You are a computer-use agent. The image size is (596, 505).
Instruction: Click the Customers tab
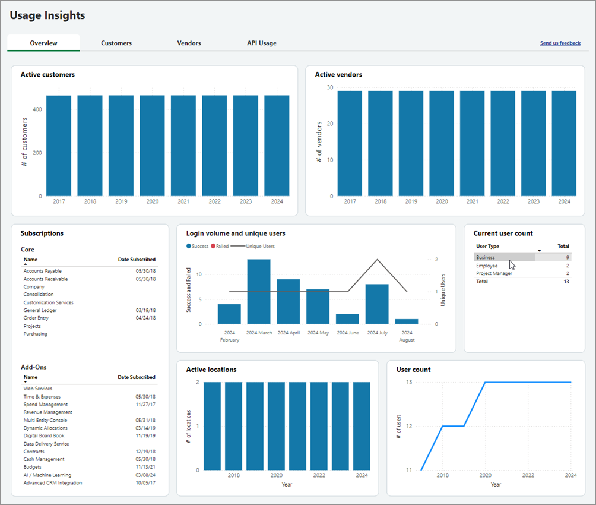(116, 43)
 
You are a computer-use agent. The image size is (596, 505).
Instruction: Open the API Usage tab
(261, 43)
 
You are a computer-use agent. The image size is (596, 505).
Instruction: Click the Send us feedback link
(560, 43)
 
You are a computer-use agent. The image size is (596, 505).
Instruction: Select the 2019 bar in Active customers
(121, 146)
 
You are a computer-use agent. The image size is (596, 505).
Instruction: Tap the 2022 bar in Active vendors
(503, 143)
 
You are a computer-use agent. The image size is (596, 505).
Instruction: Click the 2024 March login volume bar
(259, 292)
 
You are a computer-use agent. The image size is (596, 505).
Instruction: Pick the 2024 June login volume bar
(347, 319)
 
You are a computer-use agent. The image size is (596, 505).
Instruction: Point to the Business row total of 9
(568, 257)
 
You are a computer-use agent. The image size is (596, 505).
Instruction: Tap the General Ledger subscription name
(40, 310)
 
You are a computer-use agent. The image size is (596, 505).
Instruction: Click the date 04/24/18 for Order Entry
(145, 318)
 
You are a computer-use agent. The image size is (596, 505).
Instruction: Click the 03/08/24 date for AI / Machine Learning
(145, 475)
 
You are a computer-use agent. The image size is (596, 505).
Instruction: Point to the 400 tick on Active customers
(37, 109)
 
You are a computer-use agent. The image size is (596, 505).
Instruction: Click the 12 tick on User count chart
(409, 426)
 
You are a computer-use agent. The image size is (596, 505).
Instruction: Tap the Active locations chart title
(211, 370)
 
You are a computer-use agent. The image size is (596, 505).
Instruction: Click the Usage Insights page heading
(47, 16)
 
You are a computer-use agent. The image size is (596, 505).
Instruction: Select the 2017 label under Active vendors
(350, 202)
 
